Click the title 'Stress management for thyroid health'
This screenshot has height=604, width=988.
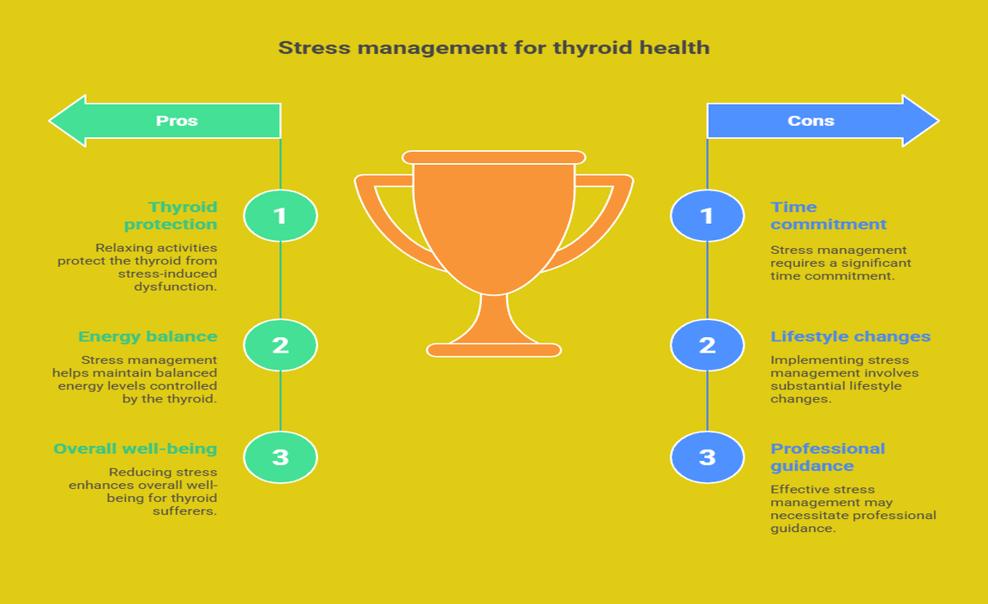[494, 48]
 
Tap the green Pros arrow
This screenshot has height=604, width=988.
[165, 120]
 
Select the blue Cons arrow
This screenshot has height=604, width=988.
[823, 120]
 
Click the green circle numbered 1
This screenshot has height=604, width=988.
[280, 215]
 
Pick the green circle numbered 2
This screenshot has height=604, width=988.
[280, 345]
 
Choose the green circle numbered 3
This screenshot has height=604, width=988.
[280, 457]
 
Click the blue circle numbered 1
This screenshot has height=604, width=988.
[707, 215]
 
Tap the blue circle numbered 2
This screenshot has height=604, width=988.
[707, 345]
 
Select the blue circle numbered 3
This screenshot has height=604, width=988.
[707, 457]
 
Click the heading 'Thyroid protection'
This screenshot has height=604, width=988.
[171, 215]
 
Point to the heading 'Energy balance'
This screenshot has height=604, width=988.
[148, 336]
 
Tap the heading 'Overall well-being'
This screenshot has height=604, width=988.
[136, 449]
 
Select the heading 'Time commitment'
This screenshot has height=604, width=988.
[828, 215]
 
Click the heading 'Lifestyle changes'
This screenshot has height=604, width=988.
[850, 336]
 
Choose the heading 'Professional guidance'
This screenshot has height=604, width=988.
[828, 457]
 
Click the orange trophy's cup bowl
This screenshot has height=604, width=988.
[494, 220]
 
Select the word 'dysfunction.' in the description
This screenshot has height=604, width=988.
[175, 287]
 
